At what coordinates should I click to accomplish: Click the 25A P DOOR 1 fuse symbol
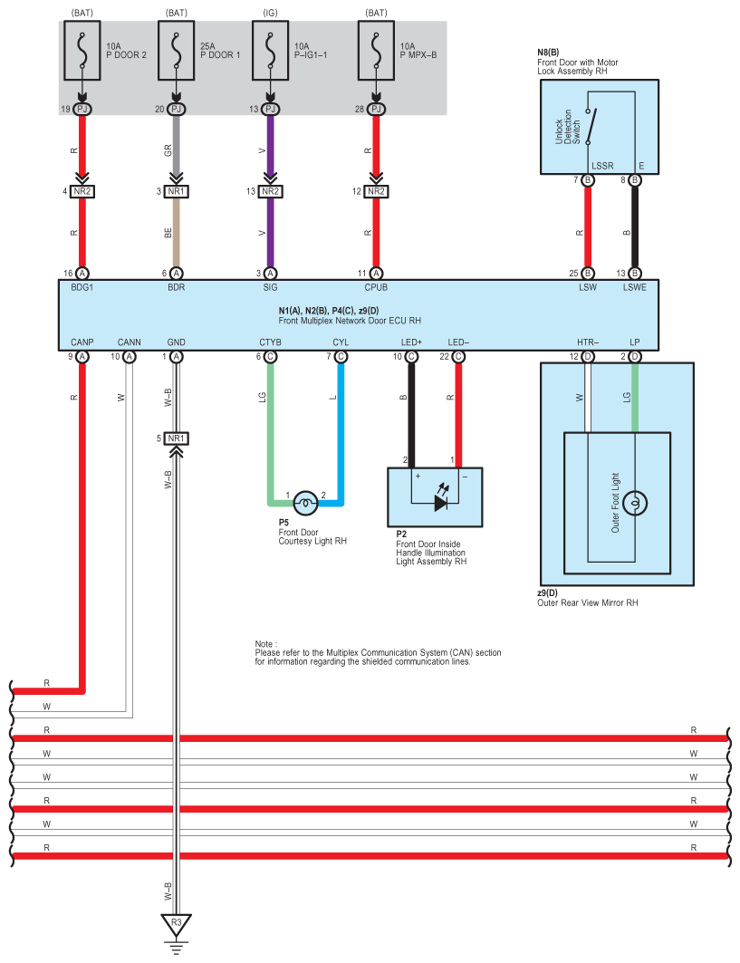pos(177,52)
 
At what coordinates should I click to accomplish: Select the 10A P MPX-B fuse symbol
pos(376,52)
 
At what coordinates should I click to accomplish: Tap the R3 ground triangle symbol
pos(177,924)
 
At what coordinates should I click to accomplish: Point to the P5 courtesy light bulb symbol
pos(306,501)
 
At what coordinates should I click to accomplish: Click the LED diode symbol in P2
pos(441,501)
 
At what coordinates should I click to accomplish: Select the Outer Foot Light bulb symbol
pos(634,501)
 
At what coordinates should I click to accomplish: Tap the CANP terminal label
pos(82,342)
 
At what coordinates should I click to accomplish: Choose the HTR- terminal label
pos(588,342)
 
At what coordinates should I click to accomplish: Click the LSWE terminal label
pos(634,286)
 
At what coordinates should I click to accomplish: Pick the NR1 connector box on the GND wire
pos(177,438)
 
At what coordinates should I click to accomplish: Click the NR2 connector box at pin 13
pos(270,192)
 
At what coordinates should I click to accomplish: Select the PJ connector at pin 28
pos(376,110)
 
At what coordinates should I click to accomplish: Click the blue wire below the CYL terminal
pos(341,426)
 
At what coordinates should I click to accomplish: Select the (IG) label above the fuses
pos(270,14)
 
